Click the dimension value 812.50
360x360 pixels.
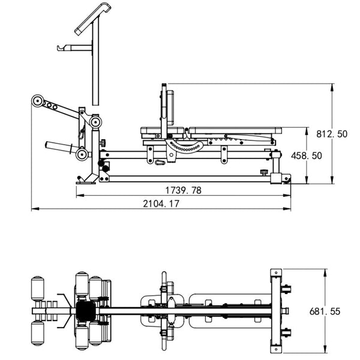pos(332,134)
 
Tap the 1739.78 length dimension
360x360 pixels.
pos(184,190)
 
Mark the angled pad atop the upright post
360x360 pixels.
pos(92,17)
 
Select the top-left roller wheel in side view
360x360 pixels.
pos(38,102)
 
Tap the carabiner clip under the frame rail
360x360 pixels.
pos(160,161)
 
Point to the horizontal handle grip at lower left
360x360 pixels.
pos(60,146)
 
